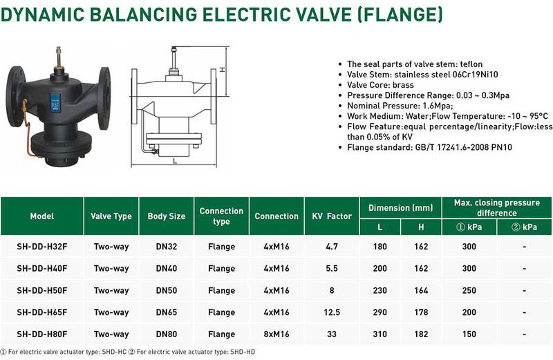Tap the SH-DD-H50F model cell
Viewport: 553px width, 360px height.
(42, 290)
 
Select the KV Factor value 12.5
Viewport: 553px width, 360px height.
(332, 312)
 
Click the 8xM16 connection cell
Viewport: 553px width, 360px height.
(276, 334)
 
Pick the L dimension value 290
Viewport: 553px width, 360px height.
(379, 312)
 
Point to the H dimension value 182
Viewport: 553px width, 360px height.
(421, 334)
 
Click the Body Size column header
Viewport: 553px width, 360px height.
(167, 216)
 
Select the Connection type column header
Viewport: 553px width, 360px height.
(221, 216)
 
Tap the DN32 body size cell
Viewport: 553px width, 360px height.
(167, 247)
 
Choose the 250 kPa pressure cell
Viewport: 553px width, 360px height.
(469, 290)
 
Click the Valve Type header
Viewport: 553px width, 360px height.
(111, 216)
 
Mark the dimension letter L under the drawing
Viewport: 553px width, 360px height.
(175, 161)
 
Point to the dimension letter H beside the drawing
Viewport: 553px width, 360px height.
(223, 70)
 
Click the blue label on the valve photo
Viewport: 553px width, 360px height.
(55, 102)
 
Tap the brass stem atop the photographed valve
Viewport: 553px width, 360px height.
(58, 57)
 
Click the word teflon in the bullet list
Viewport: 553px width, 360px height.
(471, 64)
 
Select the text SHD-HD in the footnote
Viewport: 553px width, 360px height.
(243, 352)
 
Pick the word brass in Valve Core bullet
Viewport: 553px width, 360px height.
(403, 85)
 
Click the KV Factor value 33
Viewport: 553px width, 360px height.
(332, 334)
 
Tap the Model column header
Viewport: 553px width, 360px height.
(42, 216)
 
